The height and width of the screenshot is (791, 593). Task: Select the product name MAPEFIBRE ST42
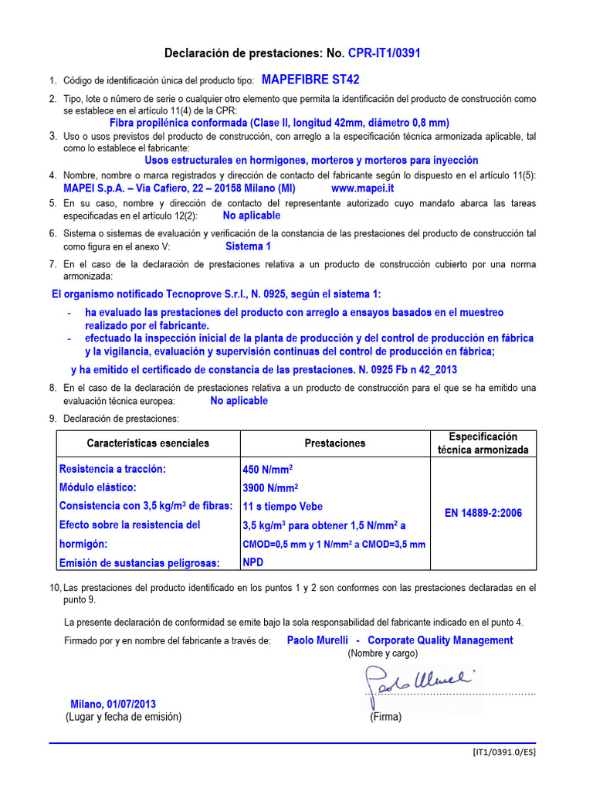[x=310, y=80]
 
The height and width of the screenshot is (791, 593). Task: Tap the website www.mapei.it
[x=362, y=188]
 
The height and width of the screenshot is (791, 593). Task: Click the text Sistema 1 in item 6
[x=248, y=246]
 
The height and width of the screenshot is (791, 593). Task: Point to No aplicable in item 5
[x=251, y=216]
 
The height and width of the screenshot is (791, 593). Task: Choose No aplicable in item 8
[x=239, y=401]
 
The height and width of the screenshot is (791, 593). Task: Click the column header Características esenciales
[x=147, y=443]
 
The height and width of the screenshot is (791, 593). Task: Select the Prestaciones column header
[x=335, y=443]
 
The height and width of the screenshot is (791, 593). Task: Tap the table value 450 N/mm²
[x=267, y=470]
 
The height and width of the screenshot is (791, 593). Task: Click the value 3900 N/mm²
[x=270, y=488]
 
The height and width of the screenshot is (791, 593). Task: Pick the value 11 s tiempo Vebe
[x=283, y=507]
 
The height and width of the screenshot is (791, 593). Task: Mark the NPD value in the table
[x=252, y=562]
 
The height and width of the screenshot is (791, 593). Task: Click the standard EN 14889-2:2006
[x=483, y=513]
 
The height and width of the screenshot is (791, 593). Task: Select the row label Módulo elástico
[x=98, y=487]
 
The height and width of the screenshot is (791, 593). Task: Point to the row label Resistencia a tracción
[x=113, y=469]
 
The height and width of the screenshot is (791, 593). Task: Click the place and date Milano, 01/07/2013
[x=113, y=704]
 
